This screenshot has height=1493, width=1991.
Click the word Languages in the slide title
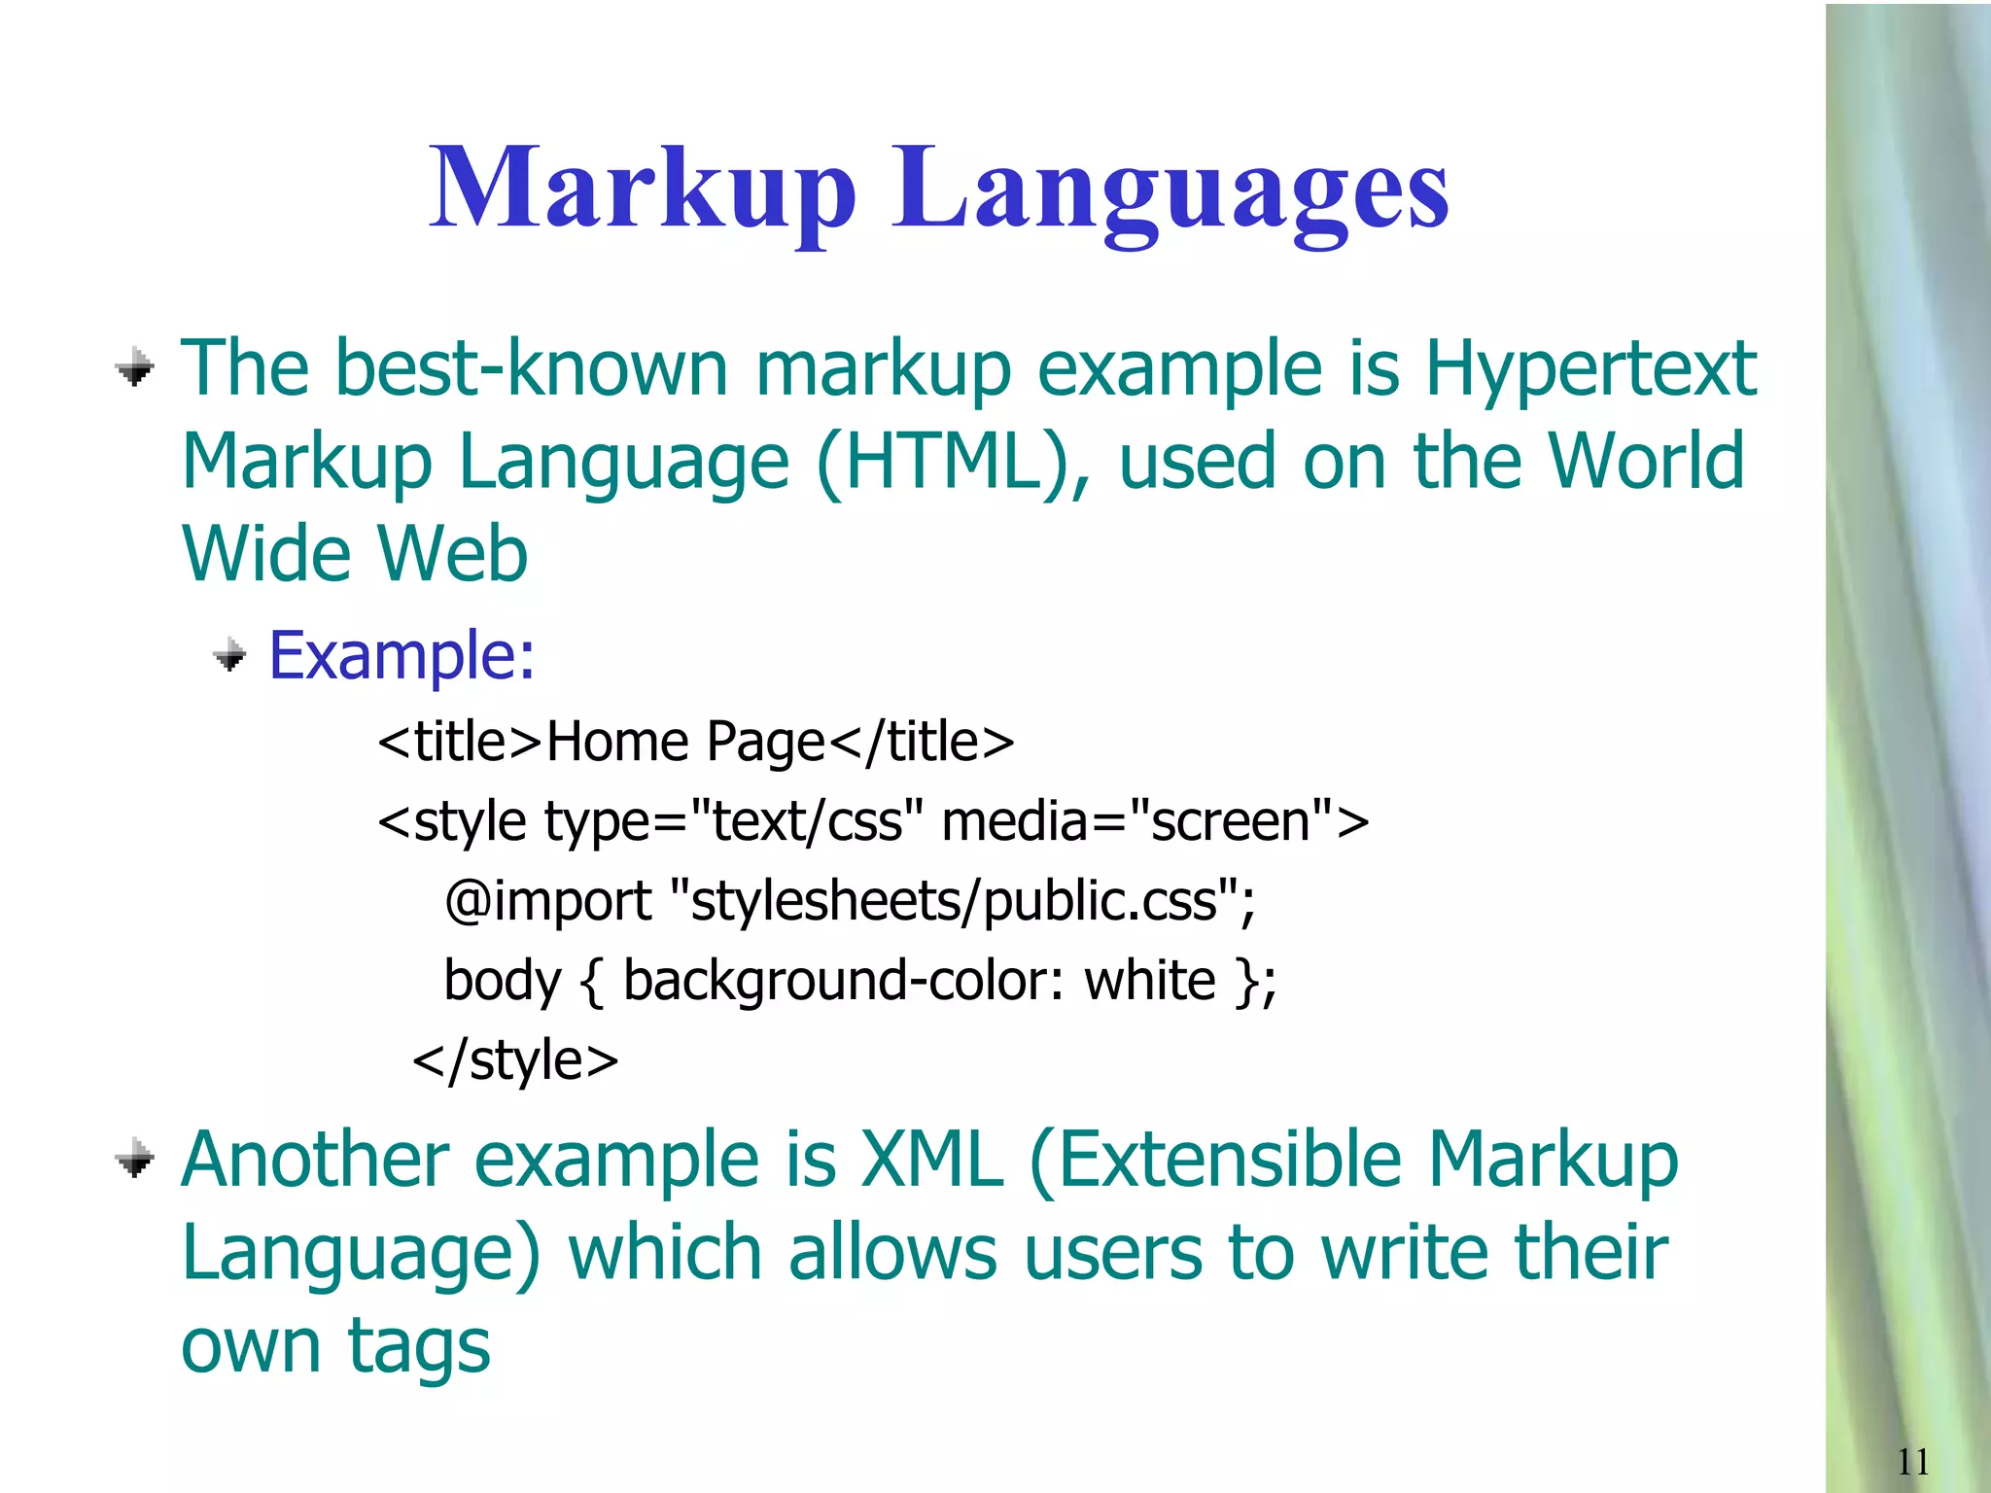click(1170, 189)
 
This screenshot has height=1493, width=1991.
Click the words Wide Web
click(355, 554)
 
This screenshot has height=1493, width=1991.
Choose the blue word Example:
click(402, 655)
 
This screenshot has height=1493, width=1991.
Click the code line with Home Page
click(695, 743)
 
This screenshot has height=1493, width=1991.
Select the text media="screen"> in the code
click(1155, 821)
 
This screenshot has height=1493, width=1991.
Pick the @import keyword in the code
click(547, 901)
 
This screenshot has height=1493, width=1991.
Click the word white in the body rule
click(1149, 981)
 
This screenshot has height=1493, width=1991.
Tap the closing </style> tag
click(515, 1059)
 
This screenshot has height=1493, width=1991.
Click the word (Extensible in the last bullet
click(1214, 1161)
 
